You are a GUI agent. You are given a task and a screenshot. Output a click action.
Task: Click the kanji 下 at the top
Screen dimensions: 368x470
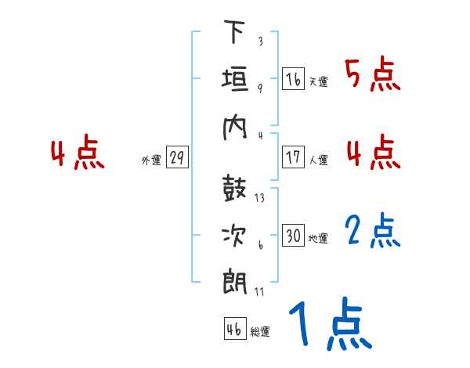(236, 33)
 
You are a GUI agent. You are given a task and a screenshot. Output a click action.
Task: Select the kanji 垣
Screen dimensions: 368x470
(236, 81)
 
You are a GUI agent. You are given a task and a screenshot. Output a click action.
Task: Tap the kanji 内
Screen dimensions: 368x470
(236, 128)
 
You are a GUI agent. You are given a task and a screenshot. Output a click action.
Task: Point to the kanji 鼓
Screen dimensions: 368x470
(236, 189)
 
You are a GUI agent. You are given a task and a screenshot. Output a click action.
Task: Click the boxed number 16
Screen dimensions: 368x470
(293, 79)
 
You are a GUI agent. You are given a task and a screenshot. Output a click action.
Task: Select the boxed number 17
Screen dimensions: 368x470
(293, 157)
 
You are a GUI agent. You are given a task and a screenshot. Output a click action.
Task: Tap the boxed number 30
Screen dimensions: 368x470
(293, 236)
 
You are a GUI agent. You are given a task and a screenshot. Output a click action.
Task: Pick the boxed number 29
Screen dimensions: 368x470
(177, 158)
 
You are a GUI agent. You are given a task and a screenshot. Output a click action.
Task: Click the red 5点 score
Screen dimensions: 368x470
(372, 75)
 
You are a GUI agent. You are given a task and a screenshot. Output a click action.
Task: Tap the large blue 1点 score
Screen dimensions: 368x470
(329, 324)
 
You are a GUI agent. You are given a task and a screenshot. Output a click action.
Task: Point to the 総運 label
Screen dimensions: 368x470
(259, 332)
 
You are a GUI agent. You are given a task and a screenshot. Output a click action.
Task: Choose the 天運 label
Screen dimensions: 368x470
(318, 81)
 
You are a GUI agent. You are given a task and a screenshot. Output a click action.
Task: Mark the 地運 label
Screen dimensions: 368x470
(318, 238)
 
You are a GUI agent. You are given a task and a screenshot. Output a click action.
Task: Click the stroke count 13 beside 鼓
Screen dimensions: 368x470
(259, 198)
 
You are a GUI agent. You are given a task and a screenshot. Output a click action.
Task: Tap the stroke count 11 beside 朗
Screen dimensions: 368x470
(259, 292)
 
